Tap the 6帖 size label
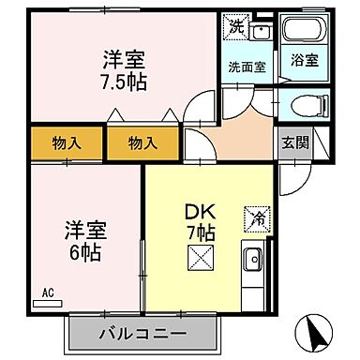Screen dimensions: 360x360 [x=85, y=251]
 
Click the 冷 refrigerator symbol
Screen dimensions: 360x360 [x=255, y=218]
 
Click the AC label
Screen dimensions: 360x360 [x=47, y=292]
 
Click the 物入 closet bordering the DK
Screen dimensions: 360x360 [x=141, y=143]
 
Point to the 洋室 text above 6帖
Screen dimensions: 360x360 [x=84, y=229]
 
